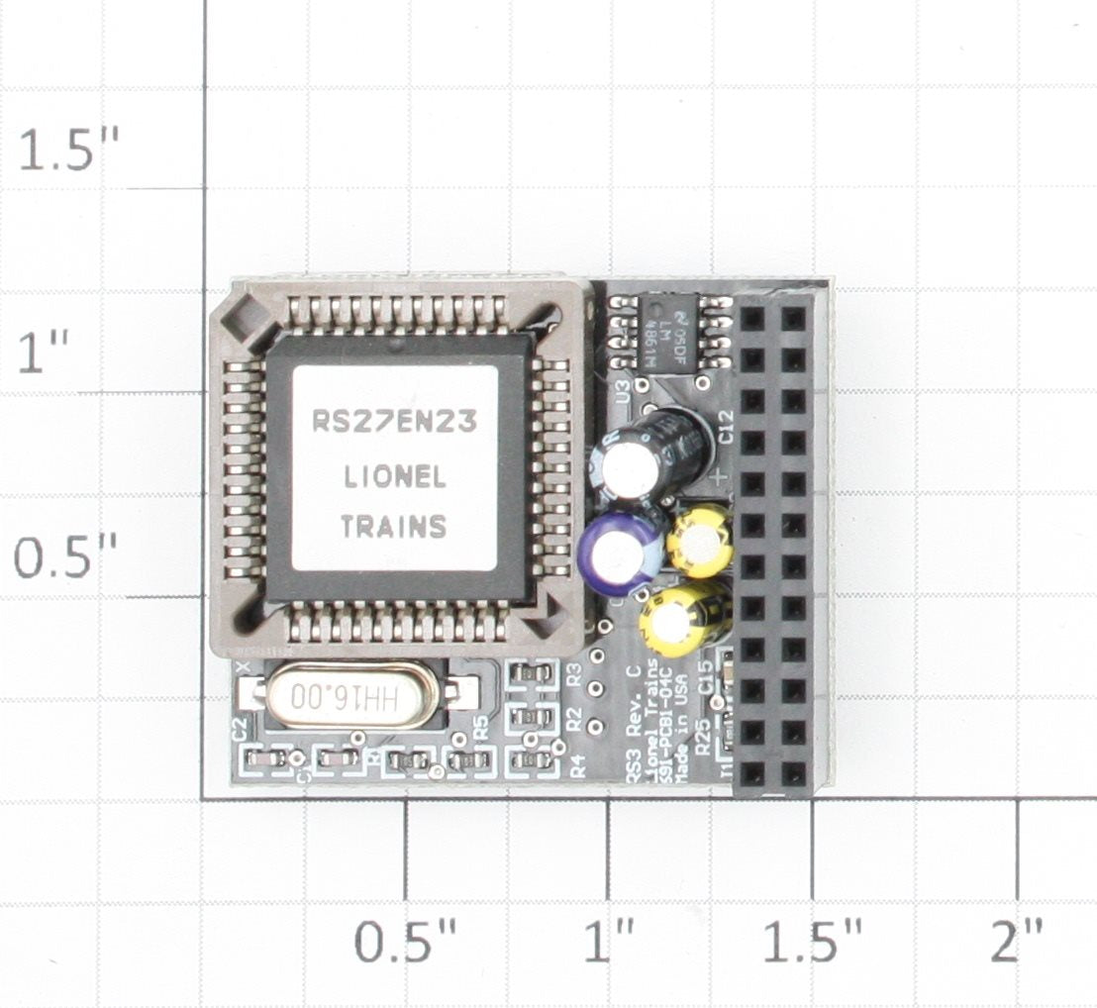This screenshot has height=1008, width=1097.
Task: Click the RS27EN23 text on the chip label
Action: pyautogui.click(x=394, y=422)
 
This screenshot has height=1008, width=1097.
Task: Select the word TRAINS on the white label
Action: pyautogui.click(x=393, y=526)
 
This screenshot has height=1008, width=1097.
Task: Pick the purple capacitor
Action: pyautogui.click(x=622, y=551)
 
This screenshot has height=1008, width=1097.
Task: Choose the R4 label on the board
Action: pyautogui.click(x=578, y=763)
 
